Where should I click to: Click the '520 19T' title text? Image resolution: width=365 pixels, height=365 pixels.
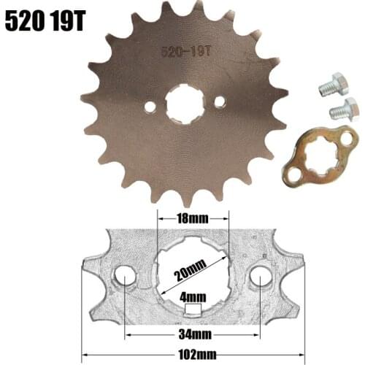45,20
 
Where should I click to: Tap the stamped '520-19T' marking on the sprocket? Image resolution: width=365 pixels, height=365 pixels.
185,52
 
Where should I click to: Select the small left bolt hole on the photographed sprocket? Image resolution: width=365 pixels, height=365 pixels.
150,107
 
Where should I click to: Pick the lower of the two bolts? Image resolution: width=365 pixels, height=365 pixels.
343,112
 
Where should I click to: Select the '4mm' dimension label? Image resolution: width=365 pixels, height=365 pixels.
193,297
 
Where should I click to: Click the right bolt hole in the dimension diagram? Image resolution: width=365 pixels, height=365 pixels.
261,277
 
